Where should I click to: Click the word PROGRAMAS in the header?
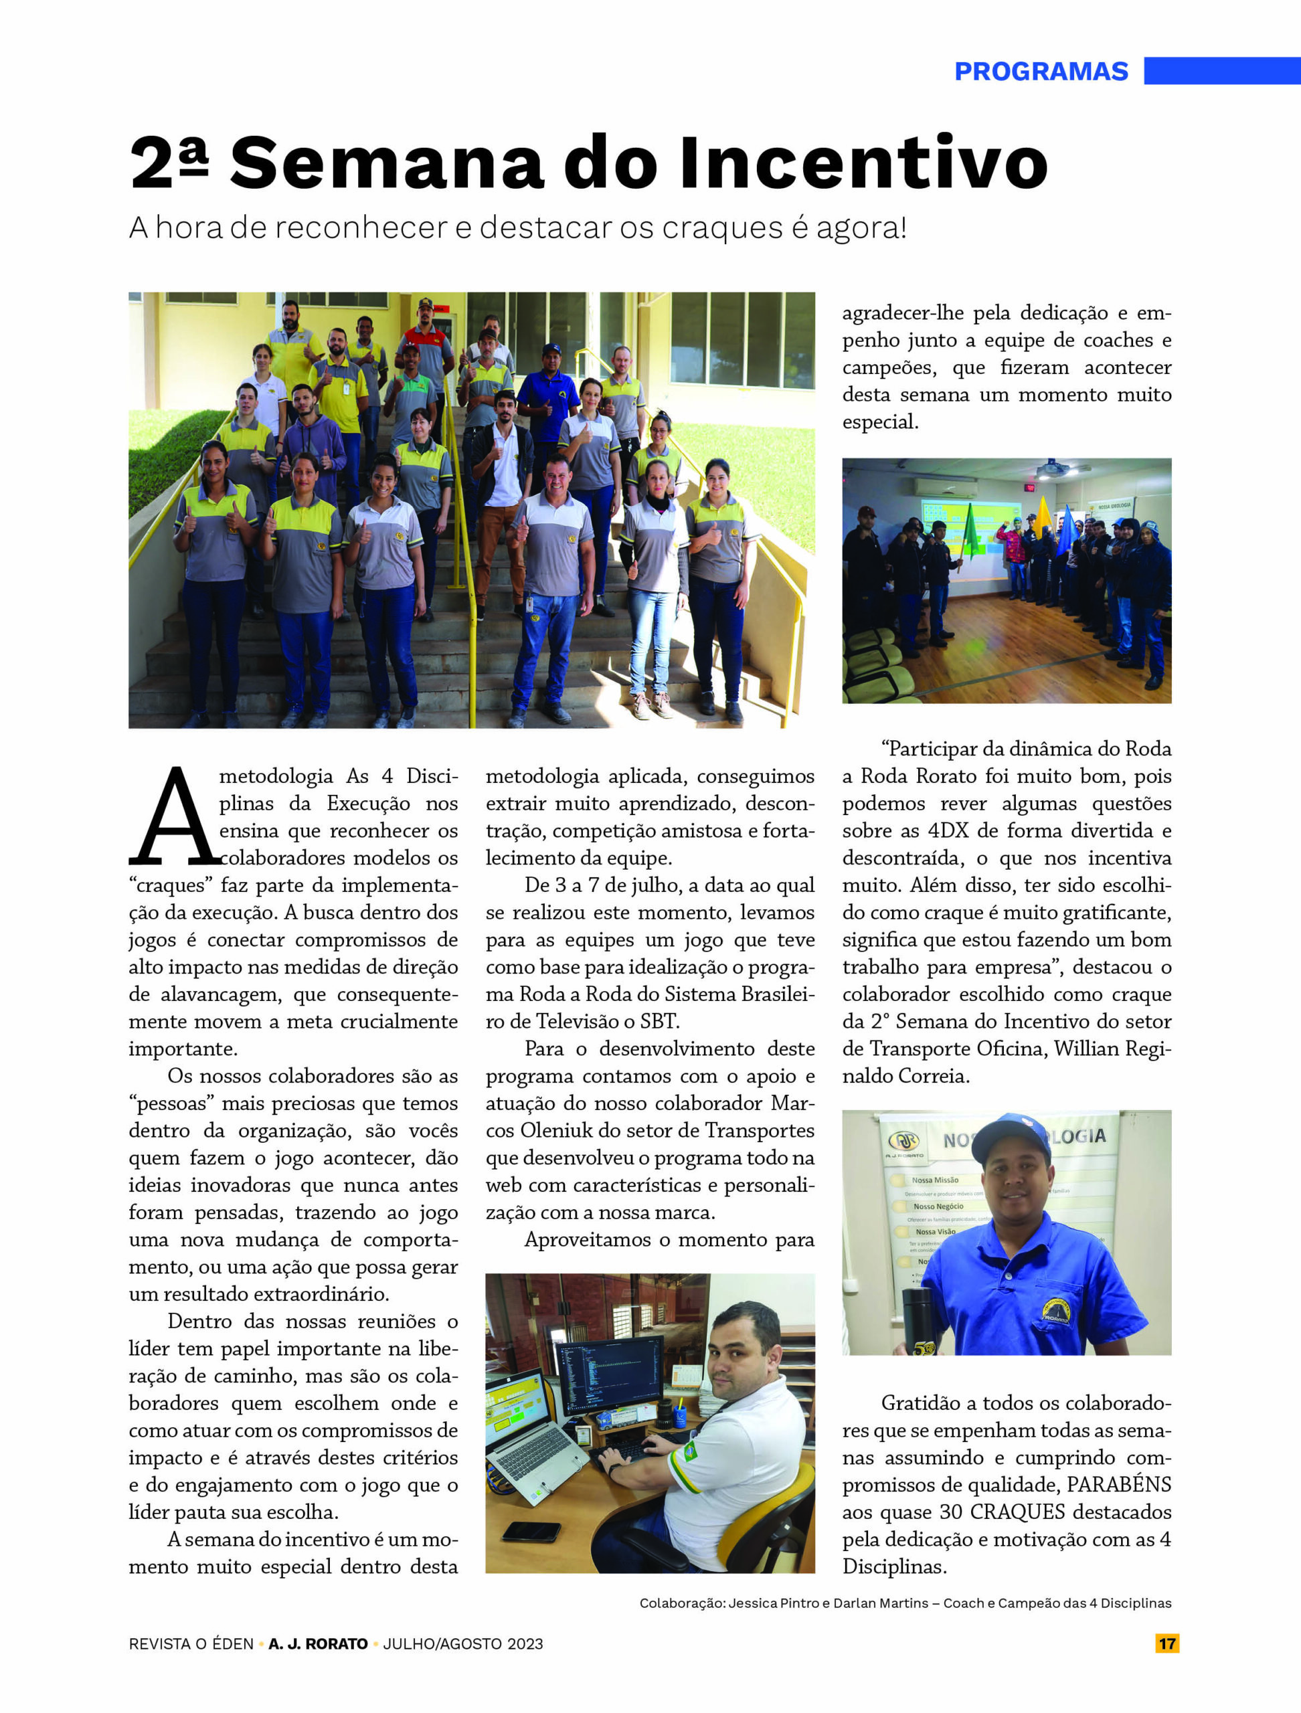point(1040,71)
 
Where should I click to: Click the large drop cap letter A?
point(176,818)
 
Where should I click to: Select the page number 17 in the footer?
point(1166,1643)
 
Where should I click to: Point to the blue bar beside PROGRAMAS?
point(1221,70)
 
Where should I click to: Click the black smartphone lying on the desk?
point(531,1531)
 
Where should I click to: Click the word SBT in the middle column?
point(659,1022)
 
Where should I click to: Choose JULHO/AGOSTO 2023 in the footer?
point(463,1643)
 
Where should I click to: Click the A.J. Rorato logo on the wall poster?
point(903,1141)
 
